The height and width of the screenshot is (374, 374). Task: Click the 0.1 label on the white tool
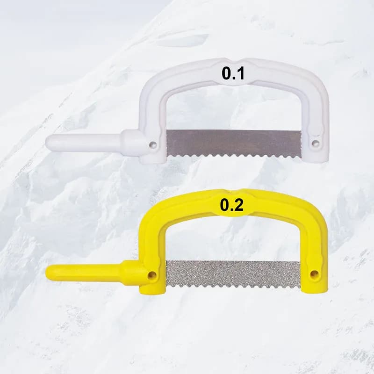233,73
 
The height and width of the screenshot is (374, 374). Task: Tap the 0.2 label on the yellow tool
232,205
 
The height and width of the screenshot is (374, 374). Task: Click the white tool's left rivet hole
153,144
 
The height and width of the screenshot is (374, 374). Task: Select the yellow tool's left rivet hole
151,275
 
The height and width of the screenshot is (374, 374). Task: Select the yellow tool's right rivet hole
314,274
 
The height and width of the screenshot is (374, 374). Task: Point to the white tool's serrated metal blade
234,144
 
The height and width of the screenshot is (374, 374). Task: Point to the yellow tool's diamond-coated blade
233,274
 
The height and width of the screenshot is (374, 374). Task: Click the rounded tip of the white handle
47,143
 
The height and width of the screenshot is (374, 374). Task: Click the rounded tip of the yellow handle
48,273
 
